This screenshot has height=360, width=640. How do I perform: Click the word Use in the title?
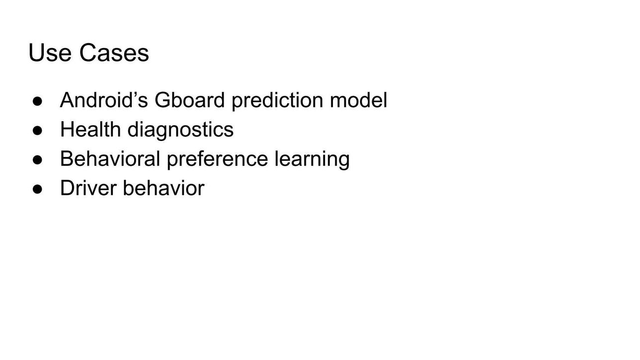click(50, 53)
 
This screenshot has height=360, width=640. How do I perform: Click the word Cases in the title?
click(114, 53)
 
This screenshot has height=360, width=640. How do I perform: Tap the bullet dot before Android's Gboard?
click(37, 101)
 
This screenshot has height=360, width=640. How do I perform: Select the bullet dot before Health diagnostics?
click(37, 131)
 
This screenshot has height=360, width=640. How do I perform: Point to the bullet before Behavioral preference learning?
click(37, 160)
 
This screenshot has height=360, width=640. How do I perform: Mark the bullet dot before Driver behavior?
click(37, 189)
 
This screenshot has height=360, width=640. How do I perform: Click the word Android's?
click(104, 100)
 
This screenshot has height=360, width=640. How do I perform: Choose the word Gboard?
click(189, 100)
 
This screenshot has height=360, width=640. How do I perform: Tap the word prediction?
click(277, 101)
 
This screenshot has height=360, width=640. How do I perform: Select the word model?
click(359, 100)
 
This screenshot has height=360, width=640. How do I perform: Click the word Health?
click(90, 129)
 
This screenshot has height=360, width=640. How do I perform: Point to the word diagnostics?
click(180, 131)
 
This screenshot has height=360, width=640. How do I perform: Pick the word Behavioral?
click(110, 159)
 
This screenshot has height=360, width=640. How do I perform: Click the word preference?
click(218, 160)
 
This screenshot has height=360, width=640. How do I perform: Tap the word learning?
click(312, 160)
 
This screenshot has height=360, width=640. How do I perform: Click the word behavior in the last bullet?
click(163, 188)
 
